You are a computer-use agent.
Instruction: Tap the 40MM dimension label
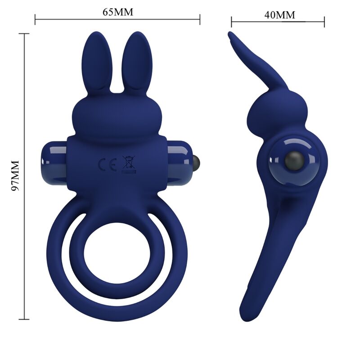279,14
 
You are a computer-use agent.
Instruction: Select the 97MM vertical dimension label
15,175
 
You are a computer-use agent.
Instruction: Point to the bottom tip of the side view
246,318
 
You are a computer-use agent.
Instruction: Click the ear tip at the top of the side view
231,34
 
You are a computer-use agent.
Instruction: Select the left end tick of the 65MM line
35,19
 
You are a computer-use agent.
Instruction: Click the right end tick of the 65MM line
200,19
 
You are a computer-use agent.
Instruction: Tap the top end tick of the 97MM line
24,33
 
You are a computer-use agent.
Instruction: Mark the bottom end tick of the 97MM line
24,319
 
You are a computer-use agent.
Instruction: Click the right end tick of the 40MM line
324,21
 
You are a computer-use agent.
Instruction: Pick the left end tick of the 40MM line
232,21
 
